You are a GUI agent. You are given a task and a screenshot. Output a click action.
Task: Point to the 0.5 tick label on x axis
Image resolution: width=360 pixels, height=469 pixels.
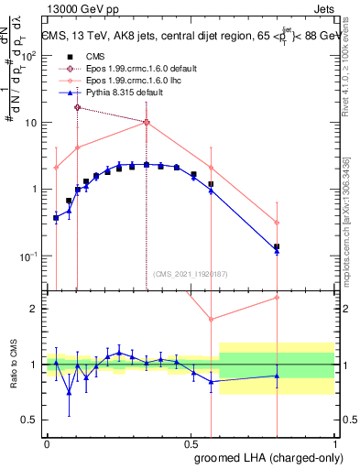click(x=191, y=444)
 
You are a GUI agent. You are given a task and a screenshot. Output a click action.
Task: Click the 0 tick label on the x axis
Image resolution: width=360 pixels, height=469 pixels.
click(x=47, y=444)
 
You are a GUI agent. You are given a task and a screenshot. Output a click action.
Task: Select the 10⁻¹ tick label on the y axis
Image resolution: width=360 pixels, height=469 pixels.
click(x=32, y=256)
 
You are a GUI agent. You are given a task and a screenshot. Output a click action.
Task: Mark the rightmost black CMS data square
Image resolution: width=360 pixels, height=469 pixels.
click(x=277, y=246)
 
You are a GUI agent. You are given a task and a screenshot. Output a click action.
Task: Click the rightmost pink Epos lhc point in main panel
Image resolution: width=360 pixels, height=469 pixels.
click(x=277, y=223)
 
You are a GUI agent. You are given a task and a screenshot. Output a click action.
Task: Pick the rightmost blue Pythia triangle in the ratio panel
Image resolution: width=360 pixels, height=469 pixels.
click(x=277, y=376)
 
